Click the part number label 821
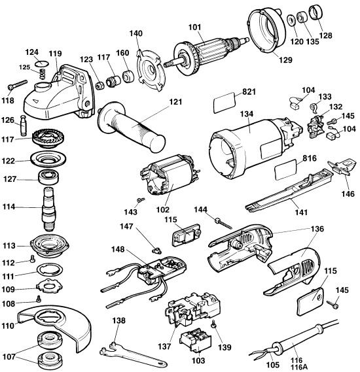pyautogui.click(x=249, y=92)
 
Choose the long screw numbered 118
pyautogui.click(x=17, y=84)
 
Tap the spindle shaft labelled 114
pyautogui.click(x=49, y=209)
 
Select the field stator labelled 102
pyautogui.click(x=169, y=175)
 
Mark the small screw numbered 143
pyautogui.click(x=140, y=200)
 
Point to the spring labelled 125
pyautogui.click(x=43, y=74)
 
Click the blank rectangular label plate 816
pyautogui.click(x=285, y=170)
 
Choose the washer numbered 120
pyautogui.click(x=291, y=21)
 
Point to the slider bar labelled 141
pyautogui.click(x=289, y=189)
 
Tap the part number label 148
pyautogui.click(x=118, y=249)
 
